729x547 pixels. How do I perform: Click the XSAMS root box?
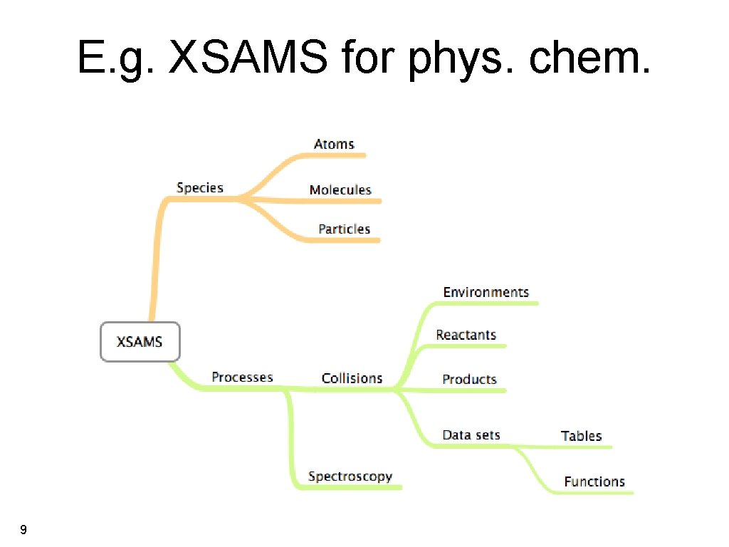click(140, 342)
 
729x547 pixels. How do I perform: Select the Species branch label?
click(200, 188)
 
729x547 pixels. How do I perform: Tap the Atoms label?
click(334, 144)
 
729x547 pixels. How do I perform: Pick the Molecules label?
click(340, 190)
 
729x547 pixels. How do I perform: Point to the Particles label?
click(344, 229)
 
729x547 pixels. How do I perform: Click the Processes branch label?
click(242, 377)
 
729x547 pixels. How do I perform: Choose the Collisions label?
click(352, 378)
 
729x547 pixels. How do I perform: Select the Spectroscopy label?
click(350, 476)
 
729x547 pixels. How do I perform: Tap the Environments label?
click(486, 292)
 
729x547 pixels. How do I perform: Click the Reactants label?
click(466, 335)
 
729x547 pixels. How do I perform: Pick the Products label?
click(469, 380)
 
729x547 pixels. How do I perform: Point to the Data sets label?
click(471, 435)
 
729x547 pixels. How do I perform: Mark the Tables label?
click(581, 437)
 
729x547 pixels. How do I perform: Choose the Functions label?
click(594, 482)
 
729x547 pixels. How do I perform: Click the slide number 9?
click(24, 530)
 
